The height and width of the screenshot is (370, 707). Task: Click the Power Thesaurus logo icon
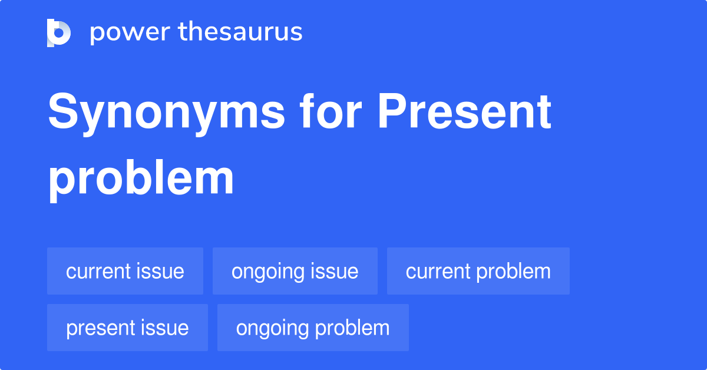tap(59, 33)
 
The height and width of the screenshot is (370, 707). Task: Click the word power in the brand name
tap(130, 33)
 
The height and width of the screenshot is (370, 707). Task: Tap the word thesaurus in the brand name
tap(240, 31)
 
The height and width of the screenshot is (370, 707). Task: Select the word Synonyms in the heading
tap(167, 114)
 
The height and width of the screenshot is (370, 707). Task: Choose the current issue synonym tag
tap(125, 271)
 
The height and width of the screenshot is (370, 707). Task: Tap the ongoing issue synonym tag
tap(295, 271)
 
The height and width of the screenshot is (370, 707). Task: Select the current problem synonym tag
tap(478, 271)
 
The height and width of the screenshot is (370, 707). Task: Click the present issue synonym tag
tap(127, 328)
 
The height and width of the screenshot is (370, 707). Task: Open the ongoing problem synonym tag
tap(313, 328)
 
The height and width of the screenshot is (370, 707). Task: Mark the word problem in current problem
tap(514, 272)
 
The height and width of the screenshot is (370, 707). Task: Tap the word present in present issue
tap(100, 329)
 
